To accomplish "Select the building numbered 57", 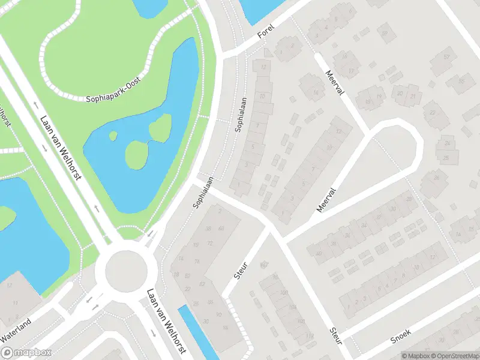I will (x=446, y=58).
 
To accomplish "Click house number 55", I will (x=462, y=81).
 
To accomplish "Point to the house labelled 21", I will (x=413, y=95).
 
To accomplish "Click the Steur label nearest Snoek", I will (x=335, y=335).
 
